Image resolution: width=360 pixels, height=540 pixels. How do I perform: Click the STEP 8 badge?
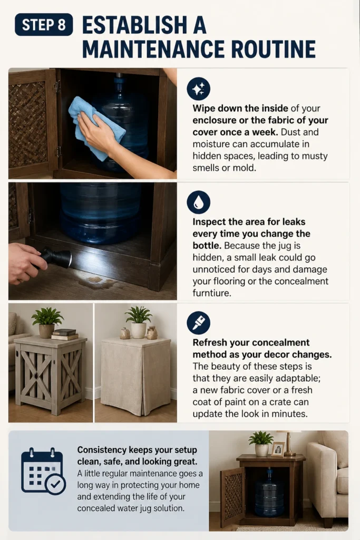[44, 24]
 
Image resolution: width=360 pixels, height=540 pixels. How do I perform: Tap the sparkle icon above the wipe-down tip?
[198, 89]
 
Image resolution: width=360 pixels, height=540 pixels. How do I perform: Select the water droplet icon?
[198, 202]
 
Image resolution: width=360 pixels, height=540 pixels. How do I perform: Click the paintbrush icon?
[198, 323]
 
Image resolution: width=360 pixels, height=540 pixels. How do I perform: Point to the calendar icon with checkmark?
[43, 471]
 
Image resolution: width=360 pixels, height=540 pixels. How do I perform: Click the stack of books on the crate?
[64, 334]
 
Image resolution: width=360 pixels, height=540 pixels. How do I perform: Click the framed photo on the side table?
[278, 449]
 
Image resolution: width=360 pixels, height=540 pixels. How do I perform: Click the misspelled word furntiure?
[212, 293]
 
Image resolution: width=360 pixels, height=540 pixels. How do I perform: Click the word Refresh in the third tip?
[210, 343]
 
